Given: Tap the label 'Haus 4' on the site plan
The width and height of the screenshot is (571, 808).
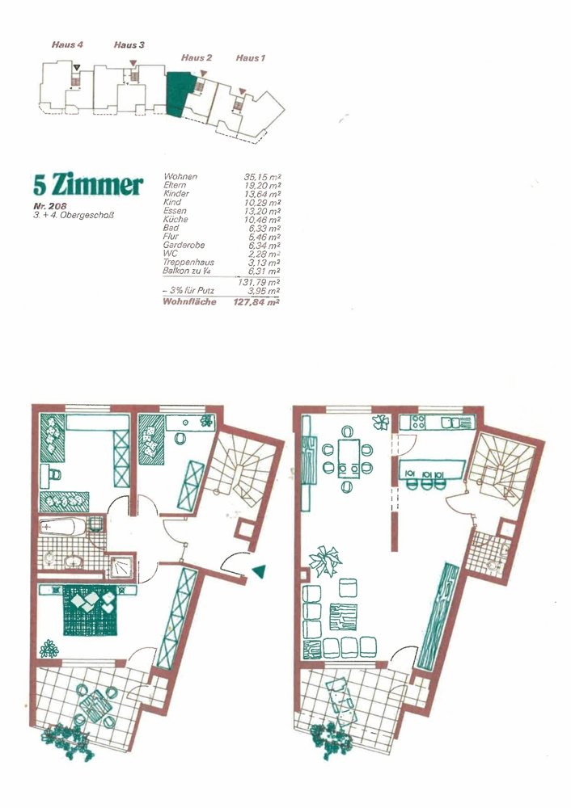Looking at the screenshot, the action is tap(67, 44).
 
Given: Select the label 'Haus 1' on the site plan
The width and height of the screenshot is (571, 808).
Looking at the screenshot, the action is tap(250, 57).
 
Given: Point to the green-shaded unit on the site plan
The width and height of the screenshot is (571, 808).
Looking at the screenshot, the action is tap(180, 95).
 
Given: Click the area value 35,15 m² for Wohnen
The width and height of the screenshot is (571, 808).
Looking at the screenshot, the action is tap(262, 177).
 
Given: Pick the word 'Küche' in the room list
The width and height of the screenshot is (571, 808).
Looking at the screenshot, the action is tap(176, 220).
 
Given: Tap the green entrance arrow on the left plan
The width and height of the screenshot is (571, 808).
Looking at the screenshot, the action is tap(259, 570).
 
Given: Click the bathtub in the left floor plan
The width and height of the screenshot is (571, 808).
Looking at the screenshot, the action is tap(62, 527).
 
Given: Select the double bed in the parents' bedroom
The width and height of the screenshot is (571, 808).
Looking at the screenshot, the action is tap(91, 611).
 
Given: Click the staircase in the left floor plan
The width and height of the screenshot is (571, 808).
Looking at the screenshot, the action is tap(237, 469).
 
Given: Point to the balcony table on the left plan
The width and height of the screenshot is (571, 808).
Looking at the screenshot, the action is tap(95, 705).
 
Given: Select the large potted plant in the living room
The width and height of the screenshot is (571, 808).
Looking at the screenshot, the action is tap(324, 561).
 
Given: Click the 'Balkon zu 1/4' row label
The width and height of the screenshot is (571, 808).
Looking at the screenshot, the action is tap(185, 271).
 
